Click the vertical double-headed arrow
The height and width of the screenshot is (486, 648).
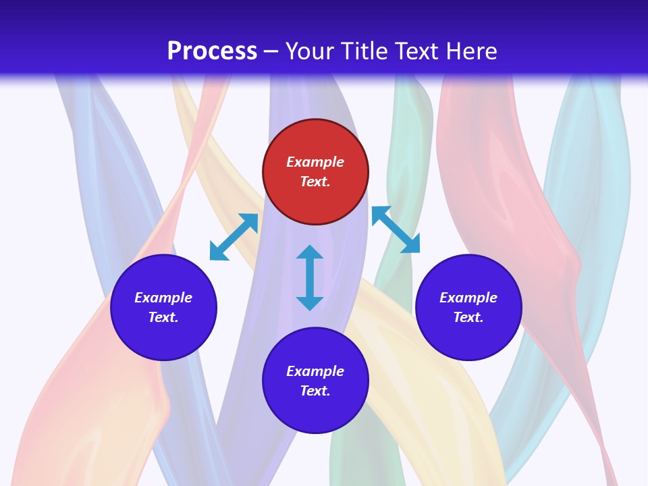tap(310, 277)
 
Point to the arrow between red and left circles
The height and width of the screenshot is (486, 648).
tap(234, 237)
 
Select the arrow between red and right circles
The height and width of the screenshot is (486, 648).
tap(396, 230)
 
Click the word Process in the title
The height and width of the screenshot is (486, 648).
tap(212, 51)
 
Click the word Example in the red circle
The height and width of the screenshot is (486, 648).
tap(315, 162)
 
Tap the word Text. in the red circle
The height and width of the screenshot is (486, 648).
tap(315, 182)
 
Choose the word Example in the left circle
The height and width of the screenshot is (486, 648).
tap(163, 298)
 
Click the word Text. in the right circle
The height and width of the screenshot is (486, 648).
tap(468, 317)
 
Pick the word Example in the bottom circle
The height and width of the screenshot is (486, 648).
tap(315, 371)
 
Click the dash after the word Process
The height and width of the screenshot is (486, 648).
tap(271, 52)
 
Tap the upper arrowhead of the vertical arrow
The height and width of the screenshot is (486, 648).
tap(310, 253)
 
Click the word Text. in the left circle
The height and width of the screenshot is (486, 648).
tap(163, 317)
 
